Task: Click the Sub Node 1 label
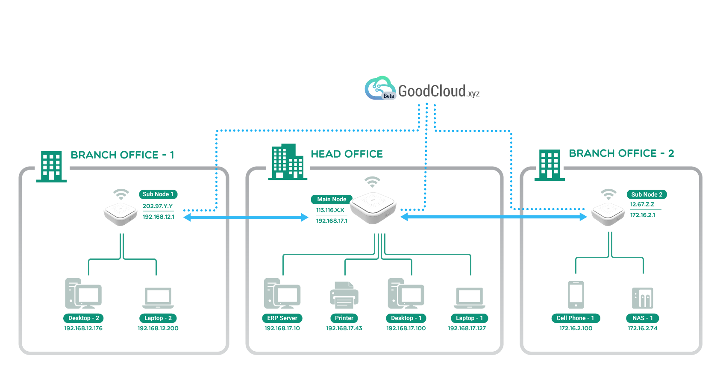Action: click(158, 194)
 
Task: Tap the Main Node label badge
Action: click(331, 199)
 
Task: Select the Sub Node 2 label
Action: click(647, 194)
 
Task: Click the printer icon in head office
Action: click(344, 295)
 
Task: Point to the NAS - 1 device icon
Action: click(642, 298)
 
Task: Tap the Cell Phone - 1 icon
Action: click(576, 294)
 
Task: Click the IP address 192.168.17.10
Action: click(282, 328)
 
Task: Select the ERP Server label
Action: click(282, 318)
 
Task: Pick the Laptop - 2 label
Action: click(158, 318)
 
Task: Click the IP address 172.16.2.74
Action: click(642, 328)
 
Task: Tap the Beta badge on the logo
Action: click(388, 96)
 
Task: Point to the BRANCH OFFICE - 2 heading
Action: click(621, 153)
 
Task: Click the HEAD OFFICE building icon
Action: click(288, 162)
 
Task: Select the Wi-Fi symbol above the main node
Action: click(372, 182)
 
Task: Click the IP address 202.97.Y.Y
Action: click(158, 206)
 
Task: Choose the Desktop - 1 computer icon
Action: click(406, 294)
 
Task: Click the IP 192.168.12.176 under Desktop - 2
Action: click(83, 328)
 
